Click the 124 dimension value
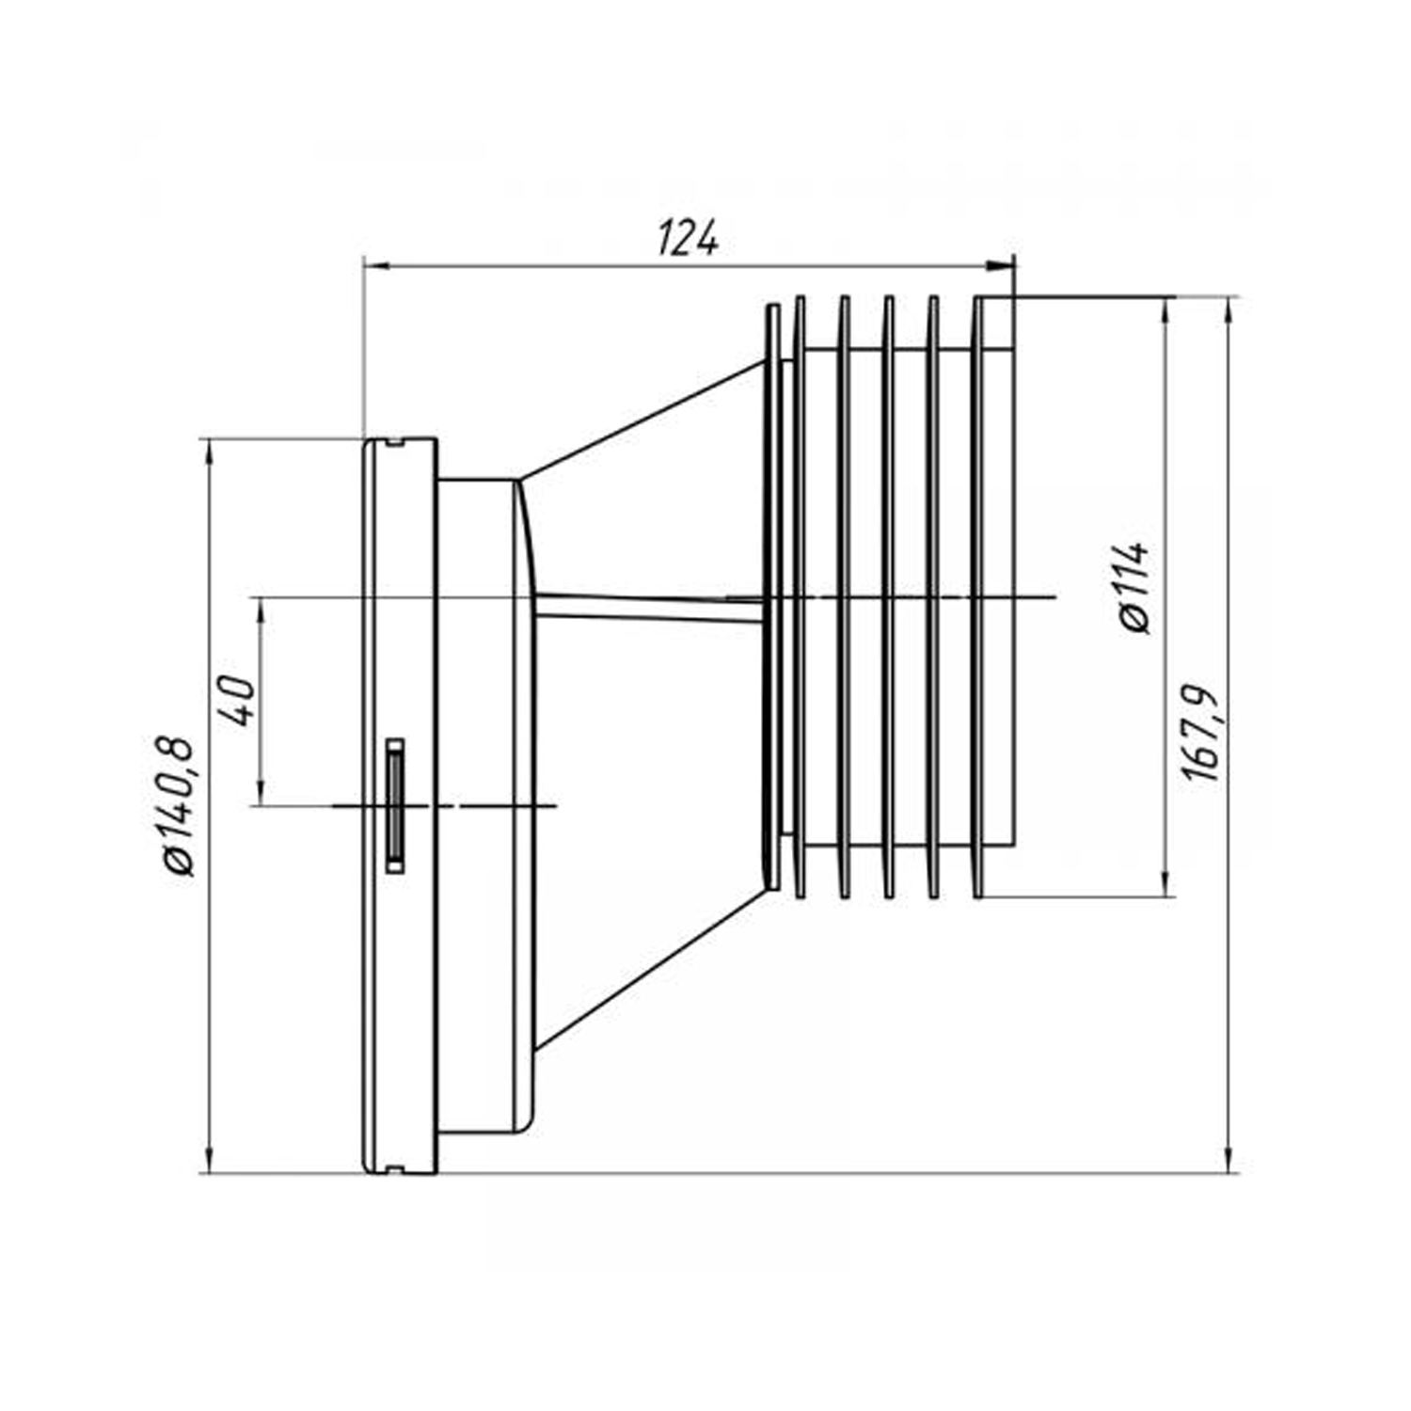click(688, 239)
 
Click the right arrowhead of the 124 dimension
click(1003, 267)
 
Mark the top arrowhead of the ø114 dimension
click(1167, 310)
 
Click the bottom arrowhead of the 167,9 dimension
click(1229, 1160)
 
